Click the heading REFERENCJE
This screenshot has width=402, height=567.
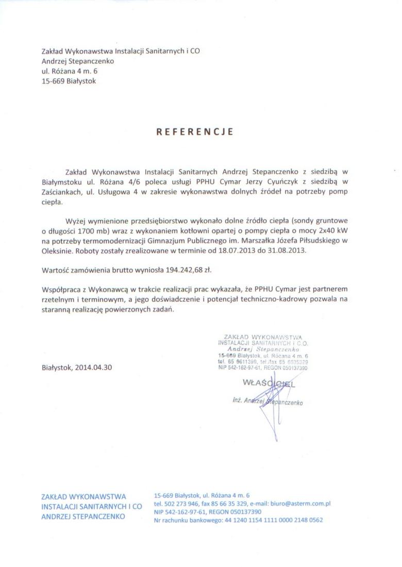pyautogui.click(x=195, y=132)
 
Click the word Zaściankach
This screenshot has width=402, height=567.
pyautogui.click(x=61, y=192)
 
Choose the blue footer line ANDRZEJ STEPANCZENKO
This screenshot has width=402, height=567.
pyautogui.click(x=83, y=516)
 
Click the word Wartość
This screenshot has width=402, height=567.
pyautogui.click(x=56, y=269)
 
